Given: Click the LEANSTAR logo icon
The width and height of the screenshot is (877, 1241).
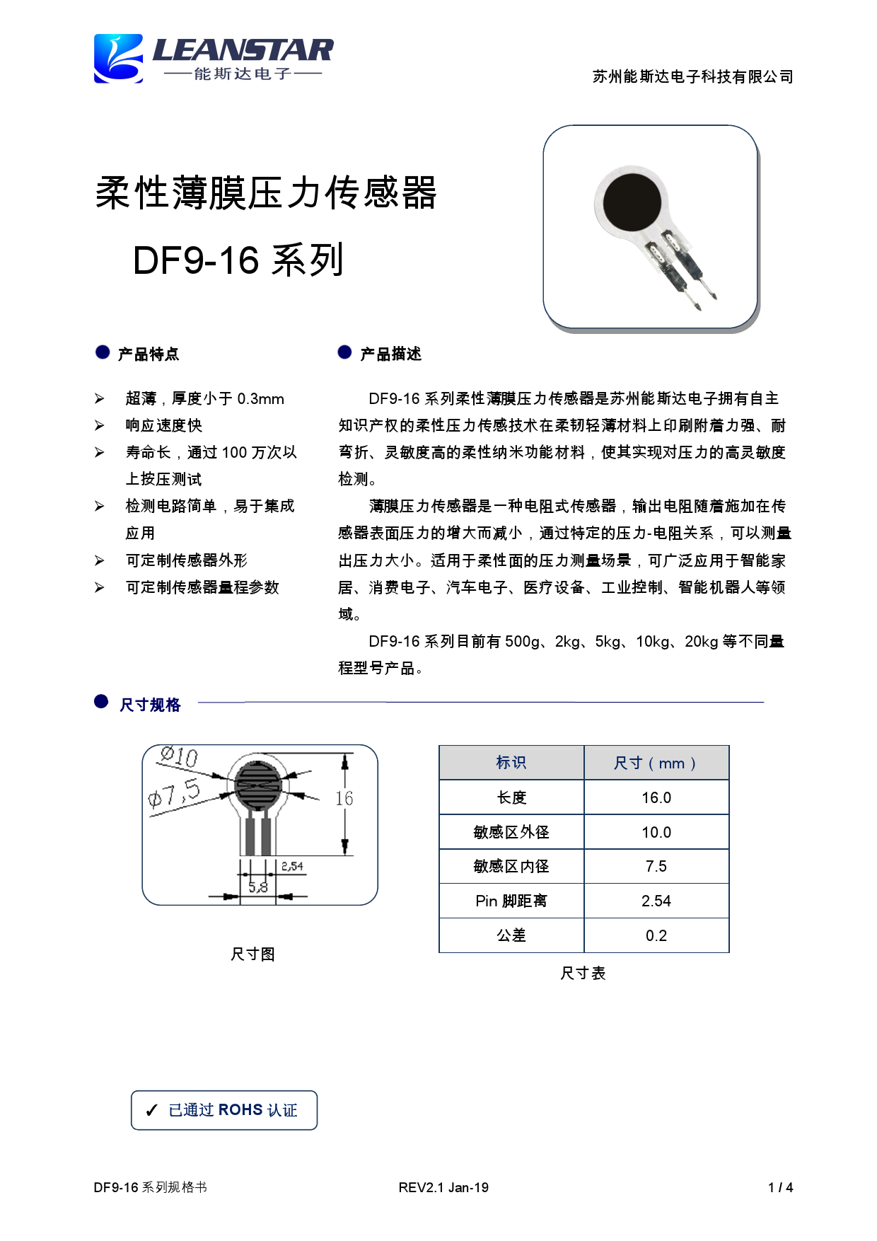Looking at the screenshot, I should click(x=119, y=59).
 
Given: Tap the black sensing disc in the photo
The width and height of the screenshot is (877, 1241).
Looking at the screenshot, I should click(x=632, y=202).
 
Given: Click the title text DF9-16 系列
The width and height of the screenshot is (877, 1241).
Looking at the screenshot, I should click(x=238, y=260).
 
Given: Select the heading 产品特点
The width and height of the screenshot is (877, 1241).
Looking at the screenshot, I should click(x=149, y=354).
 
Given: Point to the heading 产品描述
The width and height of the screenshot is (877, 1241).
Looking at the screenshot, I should click(x=390, y=354).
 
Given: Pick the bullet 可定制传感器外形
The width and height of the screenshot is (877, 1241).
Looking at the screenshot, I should click(x=187, y=560).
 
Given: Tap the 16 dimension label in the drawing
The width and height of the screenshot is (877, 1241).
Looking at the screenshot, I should click(x=344, y=799).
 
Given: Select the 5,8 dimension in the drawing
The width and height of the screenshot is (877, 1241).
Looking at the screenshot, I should click(x=258, y=887).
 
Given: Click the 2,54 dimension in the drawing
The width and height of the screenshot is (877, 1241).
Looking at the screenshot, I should click(x=292, y=866).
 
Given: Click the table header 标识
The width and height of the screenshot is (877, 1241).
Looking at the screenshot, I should click(x=511, y=763).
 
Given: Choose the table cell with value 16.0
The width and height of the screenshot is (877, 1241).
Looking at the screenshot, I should click(x=656, y=797).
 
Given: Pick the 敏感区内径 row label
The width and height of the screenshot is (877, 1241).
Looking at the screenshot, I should click(x=511, y=866).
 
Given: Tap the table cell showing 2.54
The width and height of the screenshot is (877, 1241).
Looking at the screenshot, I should click(x=656, y=901).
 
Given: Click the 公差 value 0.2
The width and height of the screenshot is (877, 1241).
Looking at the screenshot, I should click(x=656, y=935).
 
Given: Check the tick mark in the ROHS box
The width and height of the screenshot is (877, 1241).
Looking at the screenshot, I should click(x=151, y=1111).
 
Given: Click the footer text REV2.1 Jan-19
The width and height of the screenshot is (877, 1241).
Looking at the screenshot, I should click(x=443, y=1187).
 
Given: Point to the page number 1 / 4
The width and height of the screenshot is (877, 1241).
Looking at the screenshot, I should click(x=780, y=1187).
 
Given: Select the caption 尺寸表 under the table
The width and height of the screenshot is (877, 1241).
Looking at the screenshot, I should click(x=583, y=974).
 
